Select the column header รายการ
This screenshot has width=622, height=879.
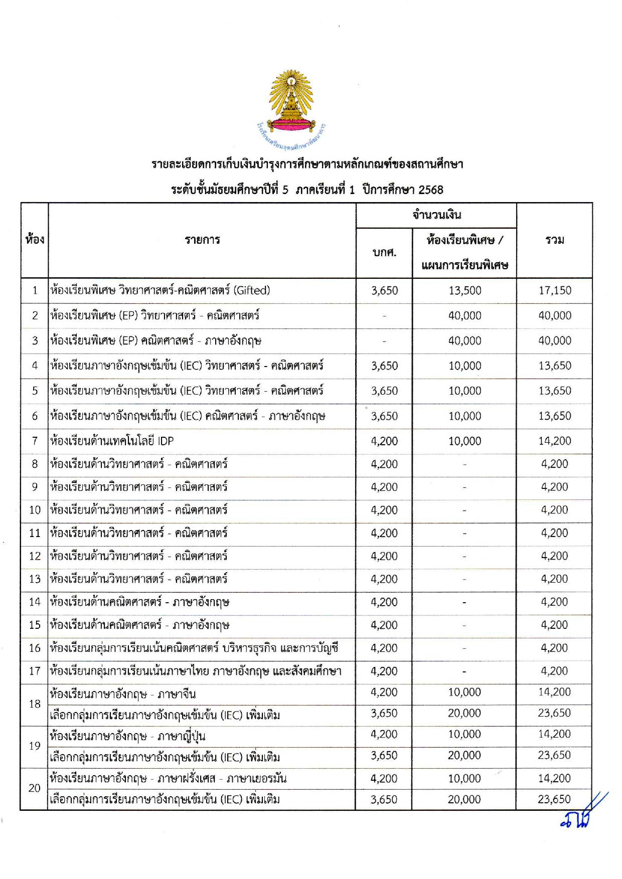[202, 240]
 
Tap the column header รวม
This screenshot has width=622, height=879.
[554, 240]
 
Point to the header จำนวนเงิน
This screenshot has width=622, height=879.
[436, 215]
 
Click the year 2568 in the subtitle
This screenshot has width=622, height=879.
[430, 190]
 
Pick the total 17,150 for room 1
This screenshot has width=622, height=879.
[554, 290]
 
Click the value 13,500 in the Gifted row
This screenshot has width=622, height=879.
[464, 290]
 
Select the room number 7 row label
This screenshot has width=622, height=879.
[35, 441]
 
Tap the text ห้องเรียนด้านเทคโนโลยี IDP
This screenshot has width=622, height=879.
[112, 441]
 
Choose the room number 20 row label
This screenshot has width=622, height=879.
[35, 788]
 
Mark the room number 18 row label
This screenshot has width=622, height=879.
[35, 704]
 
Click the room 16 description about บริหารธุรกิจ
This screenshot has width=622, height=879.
[194, 648]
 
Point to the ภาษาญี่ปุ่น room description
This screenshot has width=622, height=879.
[127, 736]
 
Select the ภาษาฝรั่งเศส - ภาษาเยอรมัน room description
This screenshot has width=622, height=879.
[168, 778]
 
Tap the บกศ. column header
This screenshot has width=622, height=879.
[384, 252]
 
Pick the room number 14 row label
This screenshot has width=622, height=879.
[35, 602]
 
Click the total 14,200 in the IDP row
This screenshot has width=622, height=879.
[554, 441]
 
